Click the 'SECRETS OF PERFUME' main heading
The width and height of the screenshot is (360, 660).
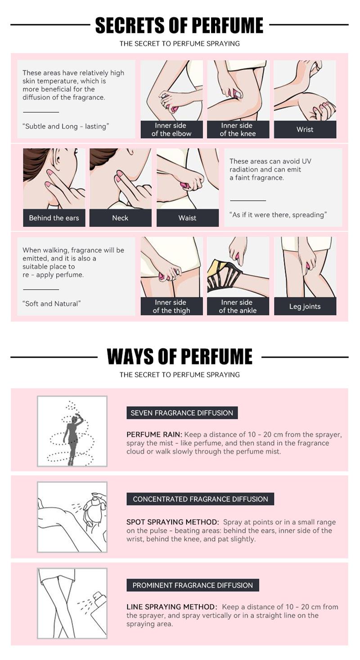pyautogui.click(x=179, y=25)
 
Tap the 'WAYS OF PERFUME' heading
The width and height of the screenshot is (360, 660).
pyautogui.click(x=180, y=356)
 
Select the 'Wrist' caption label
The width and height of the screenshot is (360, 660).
pyautogui.click(x=305, y=130)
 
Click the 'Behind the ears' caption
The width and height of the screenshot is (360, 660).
pyautogui.click(x=54, y=218)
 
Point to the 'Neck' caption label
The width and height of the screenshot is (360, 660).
pyautogui.click(x=120, y=218)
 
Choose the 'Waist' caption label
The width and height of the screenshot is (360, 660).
pyautogui.click(x=187, y=218)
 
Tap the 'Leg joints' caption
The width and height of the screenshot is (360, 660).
pyautogui.click(x=305, y=306)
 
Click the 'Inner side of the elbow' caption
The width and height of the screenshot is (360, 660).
pyautogui.click(x=171, y=130)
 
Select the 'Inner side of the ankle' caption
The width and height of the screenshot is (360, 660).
pyautogui.click(x=238, y=306)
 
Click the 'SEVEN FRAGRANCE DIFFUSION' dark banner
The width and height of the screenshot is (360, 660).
pyautogui.click(x=182, y=413)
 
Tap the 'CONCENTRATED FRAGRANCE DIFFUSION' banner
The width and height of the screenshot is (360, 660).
pyautogui.click(x=200, y=499)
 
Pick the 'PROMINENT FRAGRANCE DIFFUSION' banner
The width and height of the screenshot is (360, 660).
pyautogui.click(x=193, y=585)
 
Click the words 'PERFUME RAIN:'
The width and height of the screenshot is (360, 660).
pyautogui.click(x=154, y=434)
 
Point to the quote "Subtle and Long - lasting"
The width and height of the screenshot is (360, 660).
pyautogui.click(x=66, y=126)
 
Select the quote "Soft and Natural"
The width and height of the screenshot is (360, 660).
pyautogui.click(x=52, y=304)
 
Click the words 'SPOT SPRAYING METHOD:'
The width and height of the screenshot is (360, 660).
pyautogui.click(x=173, y=522)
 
